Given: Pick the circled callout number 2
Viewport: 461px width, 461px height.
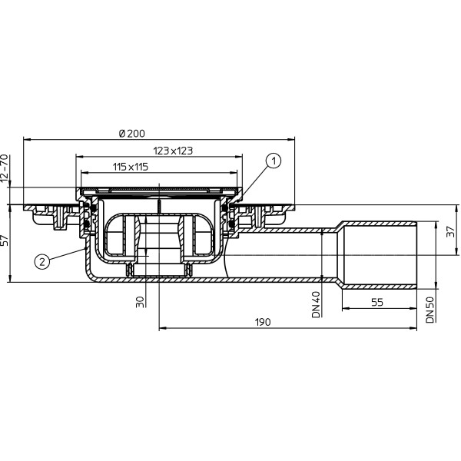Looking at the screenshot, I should (42, 260).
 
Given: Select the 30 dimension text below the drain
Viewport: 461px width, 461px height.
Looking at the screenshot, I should (139, 302).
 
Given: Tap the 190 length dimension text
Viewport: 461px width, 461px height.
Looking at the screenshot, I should (263, 323).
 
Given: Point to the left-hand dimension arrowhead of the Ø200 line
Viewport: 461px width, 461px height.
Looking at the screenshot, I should (28, 139).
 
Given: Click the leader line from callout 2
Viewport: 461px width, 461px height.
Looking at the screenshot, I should (68, 254).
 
